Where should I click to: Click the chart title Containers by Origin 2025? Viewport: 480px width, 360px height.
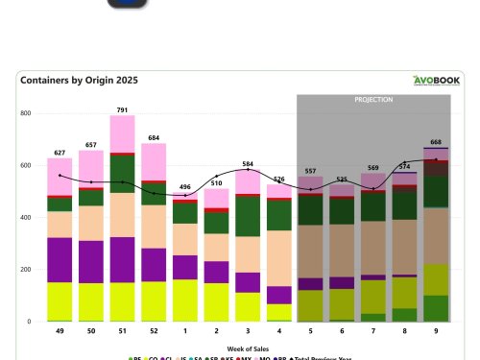pos(79,81)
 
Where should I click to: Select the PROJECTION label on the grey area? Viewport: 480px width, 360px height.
pos(373,100)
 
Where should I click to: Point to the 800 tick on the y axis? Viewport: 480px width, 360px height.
pos(26,113)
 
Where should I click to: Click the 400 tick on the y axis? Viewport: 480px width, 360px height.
pos(26,218)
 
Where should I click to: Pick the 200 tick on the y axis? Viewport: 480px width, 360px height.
pos(26,270)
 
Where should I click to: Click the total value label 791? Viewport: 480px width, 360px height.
pos(122,109)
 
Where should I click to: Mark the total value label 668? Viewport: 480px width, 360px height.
pos(437,142)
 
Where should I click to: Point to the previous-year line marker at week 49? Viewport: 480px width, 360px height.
pos(60,176)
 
